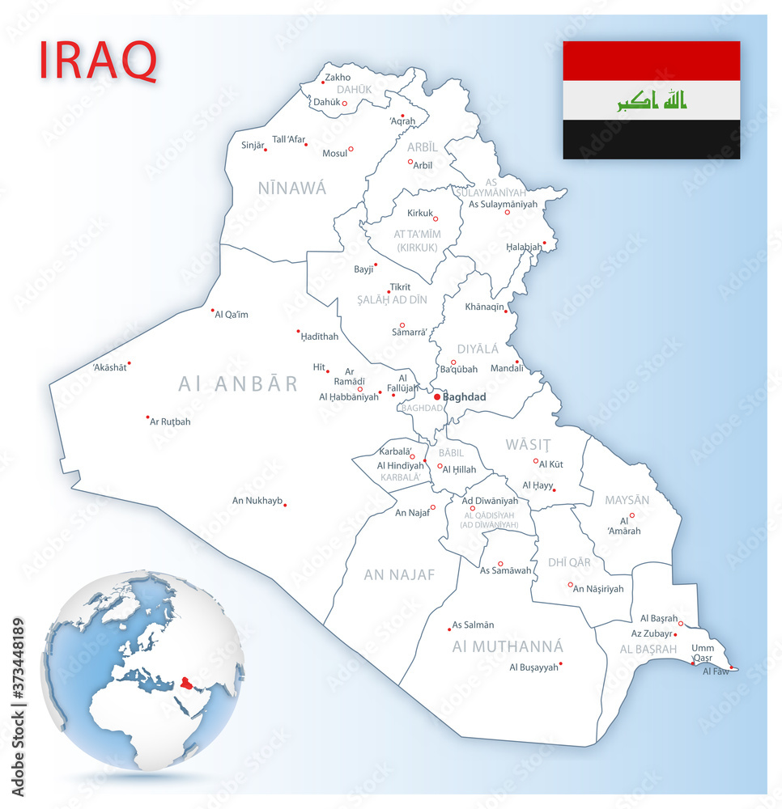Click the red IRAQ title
point(98,60)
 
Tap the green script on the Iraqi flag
point(652,100)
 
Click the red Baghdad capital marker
point(437,397)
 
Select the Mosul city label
point(334,153)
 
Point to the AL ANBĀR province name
point(238,383)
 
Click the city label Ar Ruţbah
point(170,421)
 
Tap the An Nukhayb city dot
point(285,505)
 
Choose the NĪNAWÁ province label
point(292,188)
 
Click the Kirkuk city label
point(419,214)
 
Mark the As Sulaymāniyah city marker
point(508,212)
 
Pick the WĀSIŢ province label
point(528,444)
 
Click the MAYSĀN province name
point(627,500)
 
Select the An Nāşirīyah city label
point(598,589)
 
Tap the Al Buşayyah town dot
point(560,664)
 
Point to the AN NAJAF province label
point(399,575)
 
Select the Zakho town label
point(338,78)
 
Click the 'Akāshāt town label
point(109,367)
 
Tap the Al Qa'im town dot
point(213,310)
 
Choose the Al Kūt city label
point(550,464)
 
